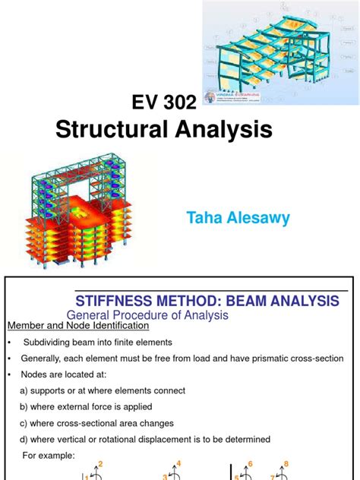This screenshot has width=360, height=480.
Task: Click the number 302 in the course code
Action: [180, 99]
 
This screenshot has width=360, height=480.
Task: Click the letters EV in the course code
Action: [146, 99]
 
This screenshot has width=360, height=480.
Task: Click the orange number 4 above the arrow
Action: [178, 463]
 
